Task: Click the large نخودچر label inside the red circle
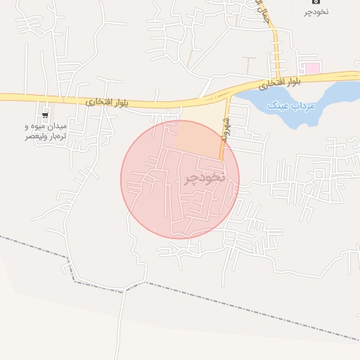click(x=205, y=178)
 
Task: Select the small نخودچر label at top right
click(x=316, y=11)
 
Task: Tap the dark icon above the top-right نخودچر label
click(x=316, y=2)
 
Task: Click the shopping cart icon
click(x=46, y=115)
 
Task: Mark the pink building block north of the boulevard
click(x=310, y=68)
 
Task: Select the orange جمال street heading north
click(x=276, y=53)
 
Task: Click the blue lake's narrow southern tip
click(x=291, y=123)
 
